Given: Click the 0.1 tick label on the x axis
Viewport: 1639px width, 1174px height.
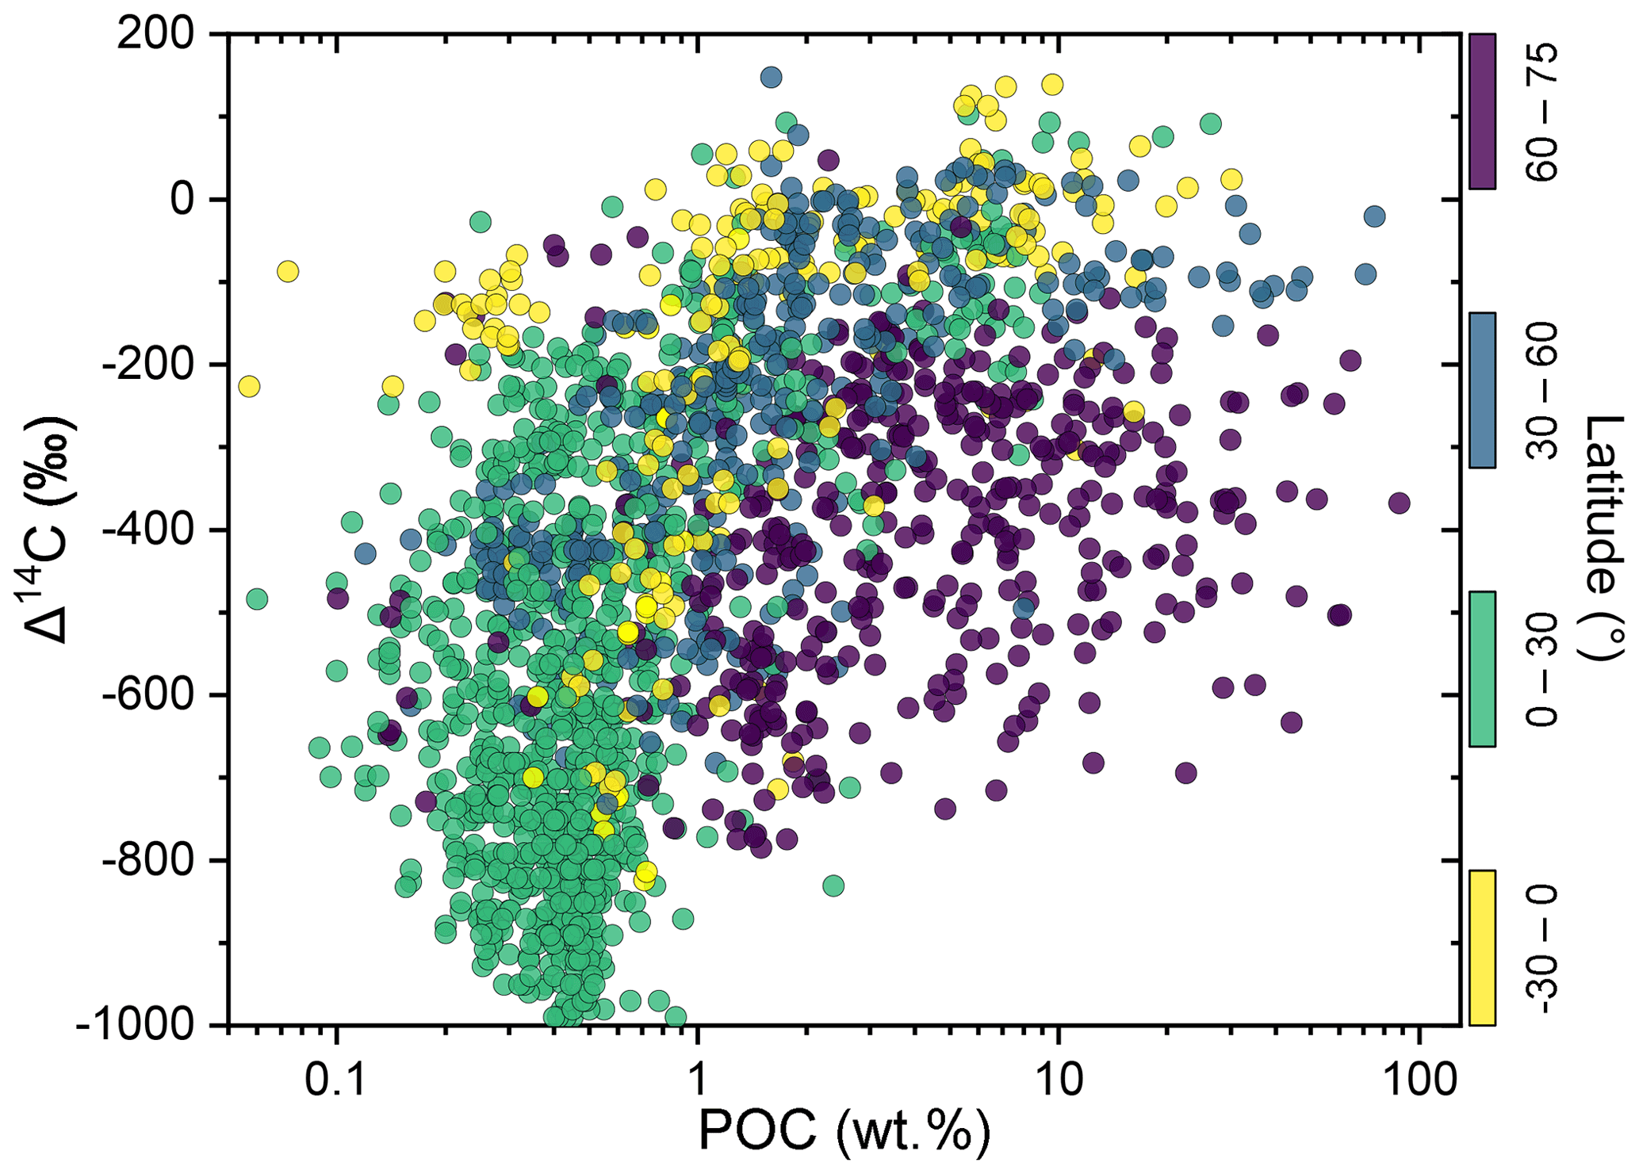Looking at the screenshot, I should [x=335, y=1080].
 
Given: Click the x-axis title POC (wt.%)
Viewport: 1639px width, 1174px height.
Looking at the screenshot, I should [x=844, y=1130].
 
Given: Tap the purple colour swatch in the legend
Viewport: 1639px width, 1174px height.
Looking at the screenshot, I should [x=1482, y=111].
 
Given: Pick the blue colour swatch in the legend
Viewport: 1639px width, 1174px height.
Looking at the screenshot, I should [x=1482, y=390].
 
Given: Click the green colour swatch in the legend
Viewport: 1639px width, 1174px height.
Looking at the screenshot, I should [x=1482, y=669].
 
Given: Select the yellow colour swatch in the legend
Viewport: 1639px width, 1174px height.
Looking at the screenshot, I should [x=1482, y=948].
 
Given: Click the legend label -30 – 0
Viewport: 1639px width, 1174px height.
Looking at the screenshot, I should [x=1543, y=950].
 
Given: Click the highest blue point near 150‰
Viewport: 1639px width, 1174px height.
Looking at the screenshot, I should [x=771, y=78].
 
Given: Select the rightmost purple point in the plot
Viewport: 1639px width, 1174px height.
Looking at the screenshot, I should [x=1399, y=503].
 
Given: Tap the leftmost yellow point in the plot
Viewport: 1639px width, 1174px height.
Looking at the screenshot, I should [x=249, y=387].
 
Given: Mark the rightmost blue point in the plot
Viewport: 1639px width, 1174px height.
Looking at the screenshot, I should [x=1375, y=216].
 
